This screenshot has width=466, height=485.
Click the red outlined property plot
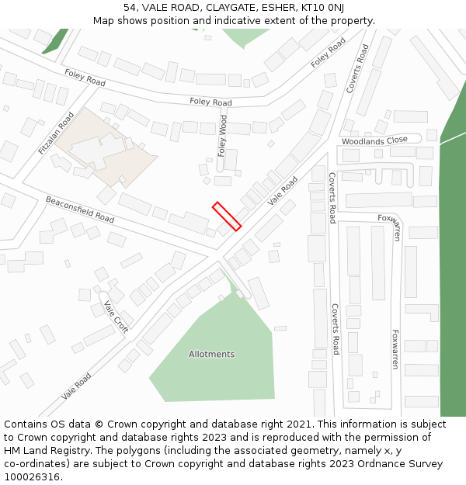coord(227,216)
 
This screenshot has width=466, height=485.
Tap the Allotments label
coord(211,355)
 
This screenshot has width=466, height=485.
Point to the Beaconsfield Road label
coord(80,210)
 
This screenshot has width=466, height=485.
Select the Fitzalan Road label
coord(56,133)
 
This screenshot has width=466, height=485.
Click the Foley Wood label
coord(223,137)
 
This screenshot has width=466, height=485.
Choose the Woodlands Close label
coord(374,140)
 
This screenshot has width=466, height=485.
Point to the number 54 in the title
coord(130,7)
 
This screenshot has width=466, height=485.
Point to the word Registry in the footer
coord(78,451)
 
